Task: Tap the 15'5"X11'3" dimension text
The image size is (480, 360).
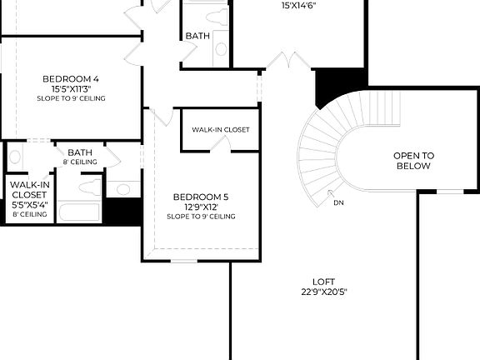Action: (x=71, y=88)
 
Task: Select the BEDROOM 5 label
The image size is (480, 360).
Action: (x=200, y=197)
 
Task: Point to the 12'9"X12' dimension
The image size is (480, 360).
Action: (x=200, y=207)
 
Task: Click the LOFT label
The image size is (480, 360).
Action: (x=324, y=282)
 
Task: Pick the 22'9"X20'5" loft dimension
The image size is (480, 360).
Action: (x=324, y=292)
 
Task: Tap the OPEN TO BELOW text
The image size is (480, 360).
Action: (x=413, y=161)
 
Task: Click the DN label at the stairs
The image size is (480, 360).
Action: (x=338, y=202)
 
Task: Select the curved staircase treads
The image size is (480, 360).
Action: (x=321, y=150)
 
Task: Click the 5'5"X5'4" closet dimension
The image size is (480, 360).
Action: (x=29, y=204)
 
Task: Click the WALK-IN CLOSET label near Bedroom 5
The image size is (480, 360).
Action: (x=220, y=130)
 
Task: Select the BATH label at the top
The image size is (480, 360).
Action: (x=197, y=36)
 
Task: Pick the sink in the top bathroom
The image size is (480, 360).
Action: (x=222, y=48)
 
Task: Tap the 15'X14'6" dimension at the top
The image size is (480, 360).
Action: (x=299, y=5)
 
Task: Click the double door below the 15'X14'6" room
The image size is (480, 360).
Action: (x=288, y=61)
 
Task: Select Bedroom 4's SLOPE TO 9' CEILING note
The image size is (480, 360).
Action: (x=71, y=98)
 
